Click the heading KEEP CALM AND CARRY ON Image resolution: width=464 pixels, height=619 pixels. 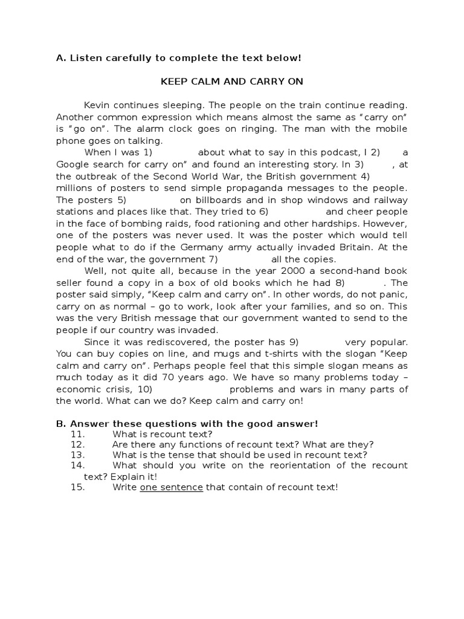231,82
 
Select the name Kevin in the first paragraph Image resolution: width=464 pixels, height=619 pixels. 97,105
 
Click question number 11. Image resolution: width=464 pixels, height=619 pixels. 78,434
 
